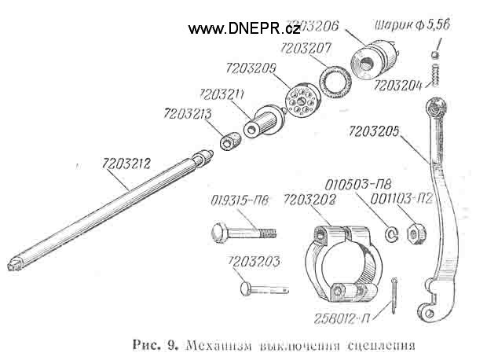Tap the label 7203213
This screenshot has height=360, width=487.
(x=186, y=115)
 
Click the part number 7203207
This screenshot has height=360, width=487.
(x=305, y=49)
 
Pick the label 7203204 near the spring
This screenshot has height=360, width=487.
(x=397, y=84)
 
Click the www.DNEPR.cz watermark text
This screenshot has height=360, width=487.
(x=243, y=29)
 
